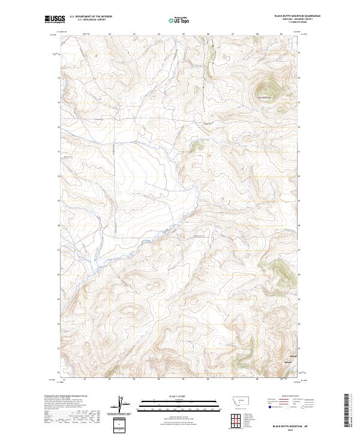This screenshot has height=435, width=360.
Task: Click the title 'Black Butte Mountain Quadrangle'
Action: click(297, 16)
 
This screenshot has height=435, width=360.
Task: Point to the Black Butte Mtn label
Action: click(264, 98)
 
